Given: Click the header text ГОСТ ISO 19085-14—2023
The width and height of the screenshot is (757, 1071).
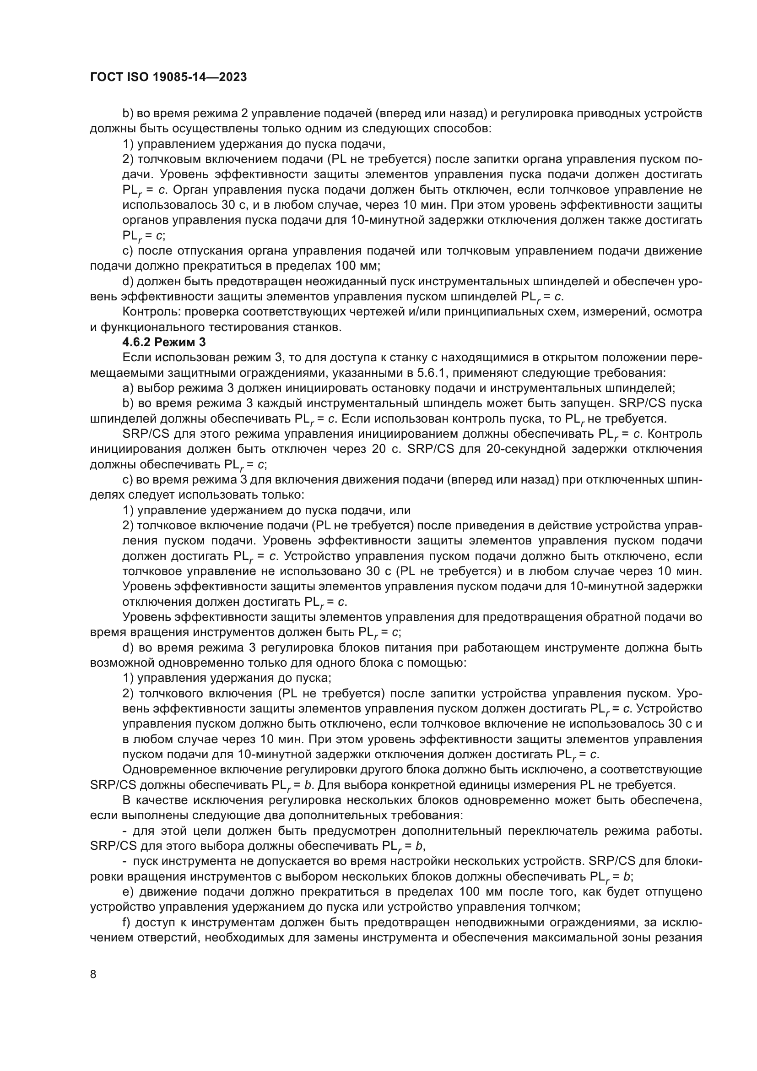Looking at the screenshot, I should point(168,77).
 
